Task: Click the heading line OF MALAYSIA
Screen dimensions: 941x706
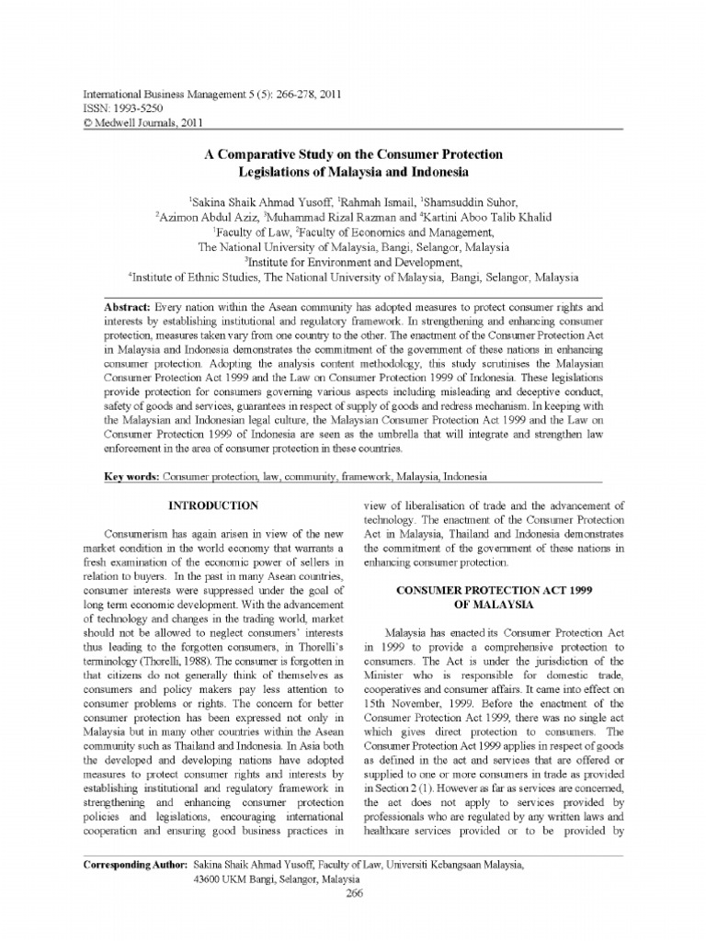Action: point(494,606)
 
